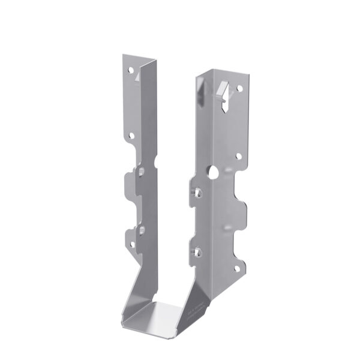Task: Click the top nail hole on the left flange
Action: (x=131, y=70)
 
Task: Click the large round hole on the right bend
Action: (x=213, y=172)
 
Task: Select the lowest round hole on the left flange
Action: (x=131, y=243)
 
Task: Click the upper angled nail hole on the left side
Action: (x=141, y=173)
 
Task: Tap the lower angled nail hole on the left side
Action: (x=141, y=229)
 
